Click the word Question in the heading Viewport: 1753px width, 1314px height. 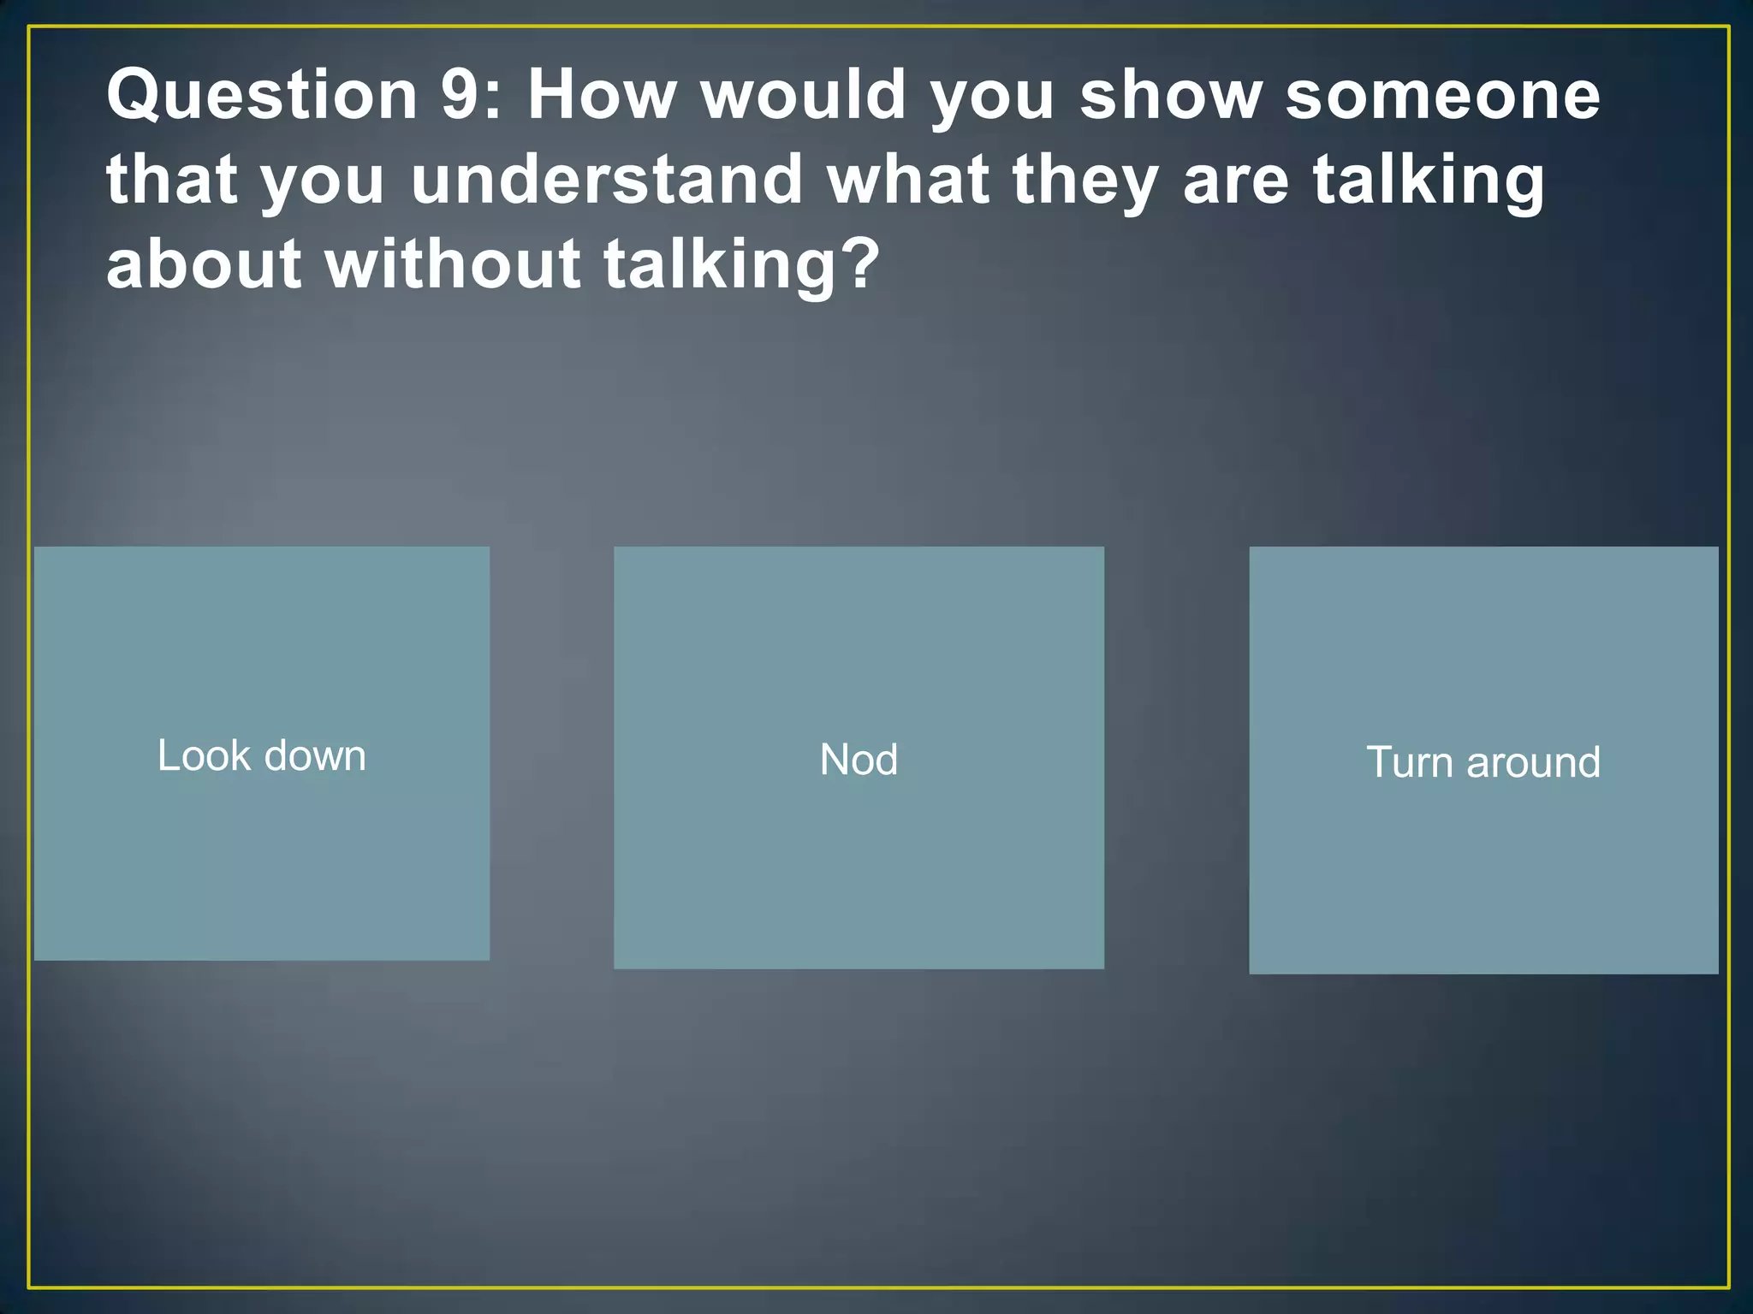[262, 96]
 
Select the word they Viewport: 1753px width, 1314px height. [1084, 181]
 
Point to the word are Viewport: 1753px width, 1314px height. [1235, 181]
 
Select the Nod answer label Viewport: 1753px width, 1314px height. [859, 760]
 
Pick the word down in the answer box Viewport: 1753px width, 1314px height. [315, 756]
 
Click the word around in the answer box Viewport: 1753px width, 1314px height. [1533, 762]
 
